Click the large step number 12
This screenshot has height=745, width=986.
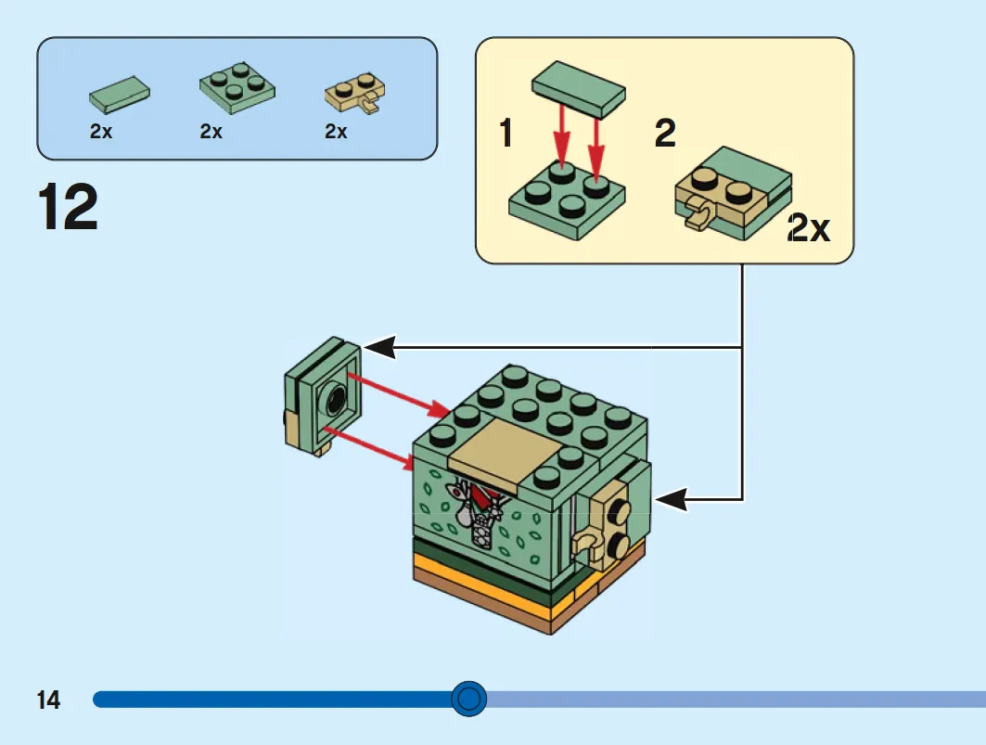[x=68, y=206]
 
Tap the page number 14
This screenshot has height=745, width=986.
[x=48, y=700]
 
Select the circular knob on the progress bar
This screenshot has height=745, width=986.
[x=468, y=699]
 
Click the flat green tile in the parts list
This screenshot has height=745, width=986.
[x=120, y=95]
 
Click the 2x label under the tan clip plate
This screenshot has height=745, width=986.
[x=336, y=132]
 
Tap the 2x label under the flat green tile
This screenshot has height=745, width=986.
[x=100, y=132]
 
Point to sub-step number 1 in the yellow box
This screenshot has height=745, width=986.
[x=506, y=133]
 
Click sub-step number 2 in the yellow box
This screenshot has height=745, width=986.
[x=665, y=133]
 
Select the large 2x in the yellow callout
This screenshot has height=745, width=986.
[x=810, y=228]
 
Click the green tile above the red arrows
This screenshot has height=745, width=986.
[x=579, y=89]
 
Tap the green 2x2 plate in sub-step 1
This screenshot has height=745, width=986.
[x=567, y=200]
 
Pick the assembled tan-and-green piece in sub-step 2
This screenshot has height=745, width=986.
[x=733, y=193]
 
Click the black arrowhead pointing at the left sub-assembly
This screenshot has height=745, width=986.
[x=379, y=347]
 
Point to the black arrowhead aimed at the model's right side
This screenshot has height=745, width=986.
[x=671, y=499]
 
